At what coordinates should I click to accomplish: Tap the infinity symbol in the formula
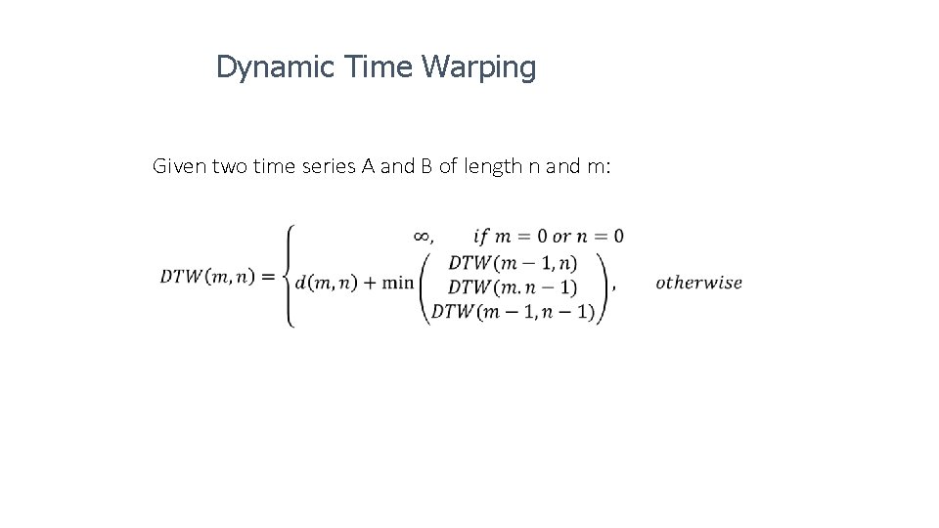pyautogui.click(x=422, y=236)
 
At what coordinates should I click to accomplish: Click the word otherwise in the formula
pyautogui.click(x=698, y=283)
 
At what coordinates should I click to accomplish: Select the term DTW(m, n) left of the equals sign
pyautogui.click(x=207, y=276)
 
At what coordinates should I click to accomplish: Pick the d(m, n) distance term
pyautogui.click(x=323, y=283)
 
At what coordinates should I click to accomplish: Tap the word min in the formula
pyautogui.click(x=397, y=283)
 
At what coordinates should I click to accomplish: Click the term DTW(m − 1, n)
pyautogui.click(x=513, y=262)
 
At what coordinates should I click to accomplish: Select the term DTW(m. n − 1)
pyautogui.click(x=513, y=287)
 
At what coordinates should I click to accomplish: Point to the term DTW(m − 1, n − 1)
pyautogui.click(x=513, y=312)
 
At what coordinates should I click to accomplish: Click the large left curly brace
pyautogui.click(x=289, y=276)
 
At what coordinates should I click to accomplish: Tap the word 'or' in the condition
pyautogui.click(x=561, y=236)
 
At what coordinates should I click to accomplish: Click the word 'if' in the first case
pyautogui.click(x=480, y=236)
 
